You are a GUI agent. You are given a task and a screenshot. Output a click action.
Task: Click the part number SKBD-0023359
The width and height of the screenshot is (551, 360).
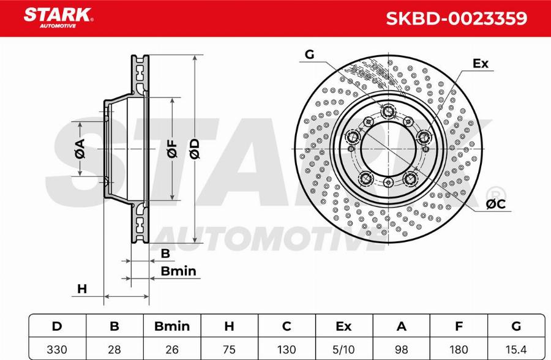(x=456, y=18)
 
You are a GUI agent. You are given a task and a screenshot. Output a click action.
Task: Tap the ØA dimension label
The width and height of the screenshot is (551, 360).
(x=80, y=149)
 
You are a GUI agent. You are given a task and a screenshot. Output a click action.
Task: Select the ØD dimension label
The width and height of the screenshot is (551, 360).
(x=194, y=149)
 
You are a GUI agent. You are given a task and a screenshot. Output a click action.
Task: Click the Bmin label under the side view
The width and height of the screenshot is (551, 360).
(x=178, y=271)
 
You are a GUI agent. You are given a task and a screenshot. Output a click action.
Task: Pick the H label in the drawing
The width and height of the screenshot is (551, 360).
(x=82, y=289)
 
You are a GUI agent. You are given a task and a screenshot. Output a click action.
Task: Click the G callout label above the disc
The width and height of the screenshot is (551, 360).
(x=309, y=55)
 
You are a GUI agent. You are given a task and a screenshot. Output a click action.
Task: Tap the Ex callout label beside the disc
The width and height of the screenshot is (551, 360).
(x=481, y=64)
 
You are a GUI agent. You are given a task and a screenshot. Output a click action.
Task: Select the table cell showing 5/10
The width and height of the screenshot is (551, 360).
(x=345, y=348)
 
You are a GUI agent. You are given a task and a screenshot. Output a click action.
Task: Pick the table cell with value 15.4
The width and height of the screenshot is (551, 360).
(x=515, y=348)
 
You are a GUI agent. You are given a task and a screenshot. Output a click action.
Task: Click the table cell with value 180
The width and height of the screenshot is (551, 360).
(x=459, y=348)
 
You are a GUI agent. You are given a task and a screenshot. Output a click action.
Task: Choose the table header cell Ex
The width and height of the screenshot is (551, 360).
(x=345, y=326)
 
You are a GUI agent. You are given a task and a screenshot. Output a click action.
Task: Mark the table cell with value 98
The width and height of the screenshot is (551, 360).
(x=402, y=348)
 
